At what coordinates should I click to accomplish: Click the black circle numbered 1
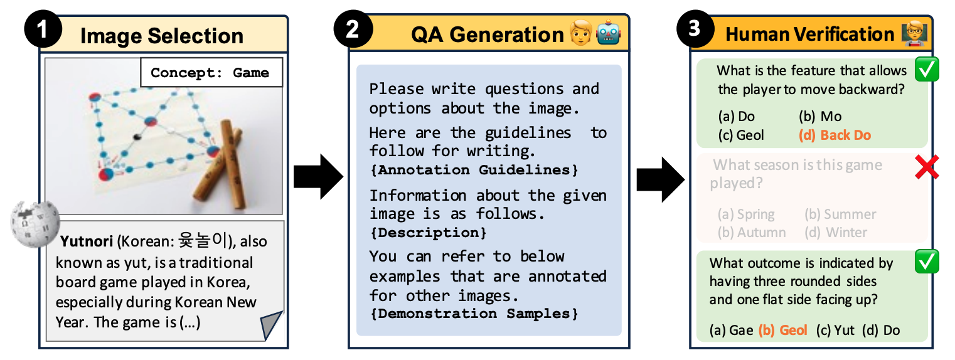click(x=43, y=29)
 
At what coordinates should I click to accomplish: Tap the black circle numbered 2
click(x=353, y=29)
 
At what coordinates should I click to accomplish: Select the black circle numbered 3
click(x=695, y=29)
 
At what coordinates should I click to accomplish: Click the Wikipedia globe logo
click(x=35, y=224)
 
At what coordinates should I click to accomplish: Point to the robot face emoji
click(x=609, y=33)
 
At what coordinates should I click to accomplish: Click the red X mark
click(x=927, y=167)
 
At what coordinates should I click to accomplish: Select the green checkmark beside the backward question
click(x=927, y=69)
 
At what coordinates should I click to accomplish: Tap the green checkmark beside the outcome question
click(x=927, y=261)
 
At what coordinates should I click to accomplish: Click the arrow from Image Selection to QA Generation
click(x=318, y=176)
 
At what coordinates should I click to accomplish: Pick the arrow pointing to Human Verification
click(x=661, y=179)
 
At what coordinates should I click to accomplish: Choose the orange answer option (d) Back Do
click(x=835, y=135)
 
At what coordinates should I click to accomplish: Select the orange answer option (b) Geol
click(x=782, y=330)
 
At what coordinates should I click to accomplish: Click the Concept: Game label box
click(x=211, y=72)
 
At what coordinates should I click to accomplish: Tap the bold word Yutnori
click(x=87, y=241)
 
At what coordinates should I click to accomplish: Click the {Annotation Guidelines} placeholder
click(x=474, y=170)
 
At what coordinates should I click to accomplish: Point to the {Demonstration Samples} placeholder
click(x=474, y=314)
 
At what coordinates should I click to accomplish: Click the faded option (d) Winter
click(x=836, y=232)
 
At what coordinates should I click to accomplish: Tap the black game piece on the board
click(x=137, y=136)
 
